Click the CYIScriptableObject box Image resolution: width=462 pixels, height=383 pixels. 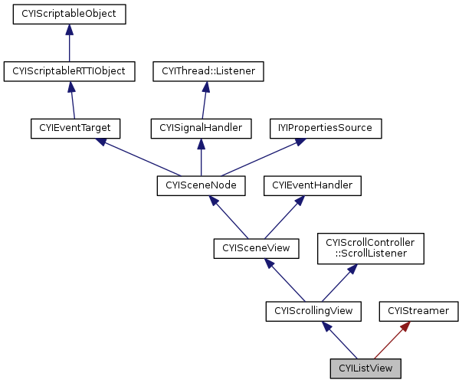pyautogui.click(x=69, y=14)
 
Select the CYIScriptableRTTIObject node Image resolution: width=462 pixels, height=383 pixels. pyautogui.click(x=69, y=71)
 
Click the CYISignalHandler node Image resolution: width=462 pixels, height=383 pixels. pyautogui.click(x=201, y=128)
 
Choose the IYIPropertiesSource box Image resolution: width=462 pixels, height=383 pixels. pyautogui.click(x=325, y=128)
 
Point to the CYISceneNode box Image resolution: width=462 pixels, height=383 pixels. pyautogui.click(x=201, y=185)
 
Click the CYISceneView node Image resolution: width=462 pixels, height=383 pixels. pyautogui.click(x=255, y=247)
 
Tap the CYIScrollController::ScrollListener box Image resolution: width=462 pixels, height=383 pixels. pyautogui.click(x=370, y=247)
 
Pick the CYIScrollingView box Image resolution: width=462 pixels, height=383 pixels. pyautogui.click(x=313, y=310)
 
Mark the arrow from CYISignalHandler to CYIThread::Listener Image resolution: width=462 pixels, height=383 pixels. pyautogui.click(x=205, y=100)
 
